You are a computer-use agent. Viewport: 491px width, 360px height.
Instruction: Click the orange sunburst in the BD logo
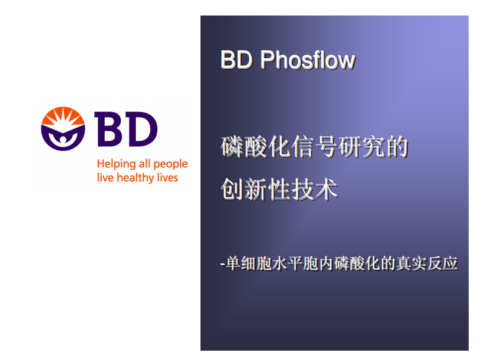click(63, 116)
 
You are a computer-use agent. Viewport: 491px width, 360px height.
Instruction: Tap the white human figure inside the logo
click(63, 139)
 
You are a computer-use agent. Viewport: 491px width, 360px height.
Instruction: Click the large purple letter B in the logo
click(108, 130)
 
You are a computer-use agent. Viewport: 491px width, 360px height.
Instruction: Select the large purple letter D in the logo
click(141, 130)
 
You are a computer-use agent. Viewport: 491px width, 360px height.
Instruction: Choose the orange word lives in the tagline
click(167, 177)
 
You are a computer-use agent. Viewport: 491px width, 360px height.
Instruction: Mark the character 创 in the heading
click(232, 189)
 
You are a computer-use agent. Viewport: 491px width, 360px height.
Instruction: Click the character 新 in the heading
click(255, 189)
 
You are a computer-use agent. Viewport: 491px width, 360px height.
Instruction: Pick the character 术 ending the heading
click(326, 189)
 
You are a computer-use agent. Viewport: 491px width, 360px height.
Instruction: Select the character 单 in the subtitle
click(233, 263)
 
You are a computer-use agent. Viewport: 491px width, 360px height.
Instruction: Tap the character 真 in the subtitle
click(404, 263)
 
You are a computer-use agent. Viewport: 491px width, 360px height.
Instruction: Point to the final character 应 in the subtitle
click(450, 263)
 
